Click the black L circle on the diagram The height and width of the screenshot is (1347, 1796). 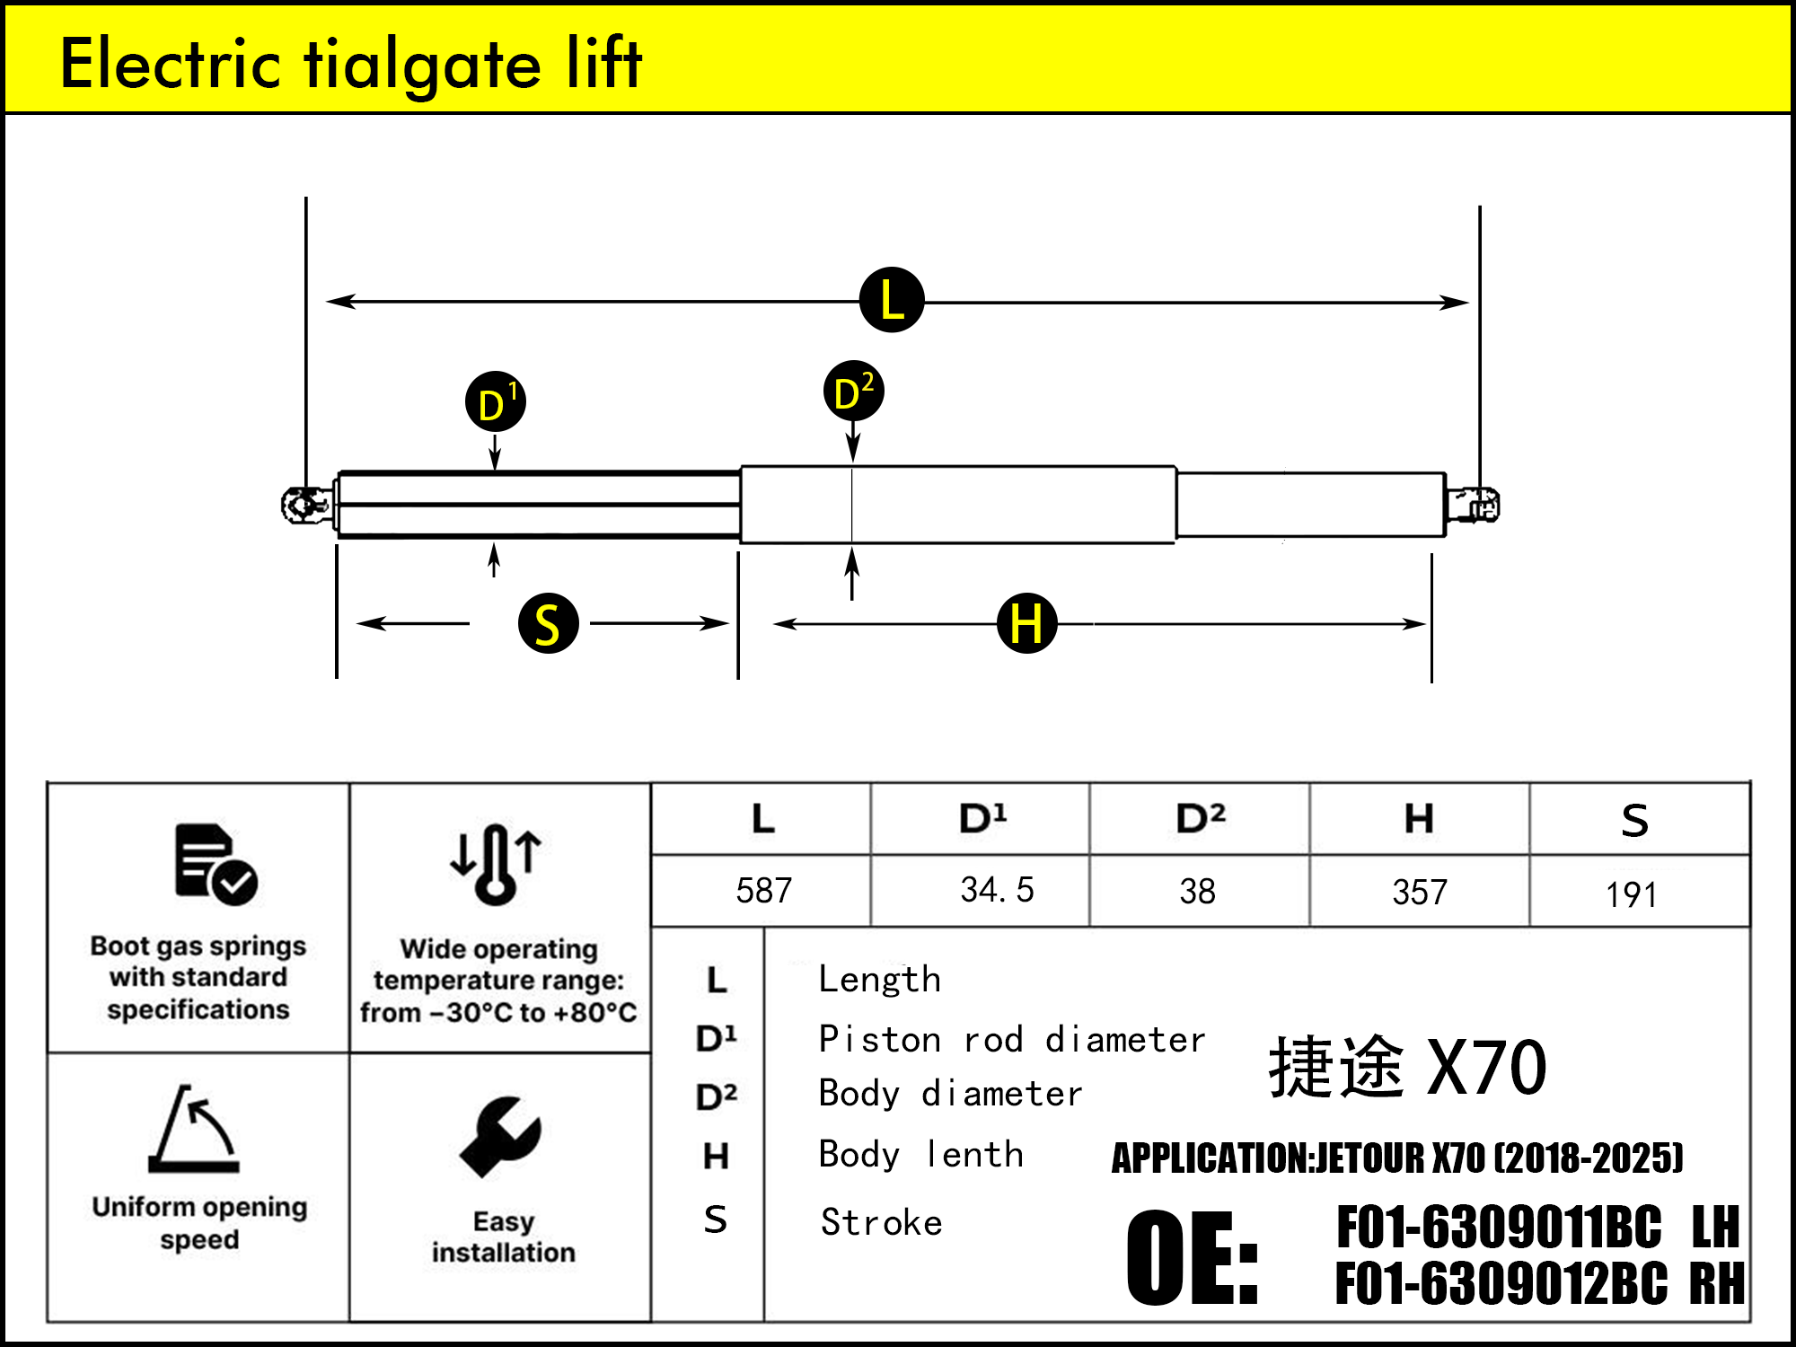pyautogui.click(x=892, y=300)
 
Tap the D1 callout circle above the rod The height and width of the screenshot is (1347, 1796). pyautogui.click(x=496, y=401)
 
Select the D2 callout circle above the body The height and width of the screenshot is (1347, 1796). pyautogui.click(x=853, y=392)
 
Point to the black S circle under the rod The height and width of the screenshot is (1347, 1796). pyautogui.click(x=548, y=623)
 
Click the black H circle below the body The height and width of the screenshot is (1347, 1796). pyautogui.click(x=1026, y=622)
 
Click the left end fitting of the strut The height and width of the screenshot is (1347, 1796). pyautogui.click(x=306, y=505)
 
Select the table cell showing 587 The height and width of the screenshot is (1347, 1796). pyautogui.click(x=763, y=891)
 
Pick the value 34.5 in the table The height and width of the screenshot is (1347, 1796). pyautogui.click(x=997, y=890)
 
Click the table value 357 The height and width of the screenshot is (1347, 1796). pyautogui.click(x=1420, y=892)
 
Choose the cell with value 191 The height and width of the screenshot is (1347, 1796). pyautogui.click(x=1631, y=894)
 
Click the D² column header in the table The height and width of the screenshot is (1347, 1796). pyautogui.click(x=1200, y=818)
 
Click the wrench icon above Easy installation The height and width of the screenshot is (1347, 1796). pyautogui.click(x=500, y=1136)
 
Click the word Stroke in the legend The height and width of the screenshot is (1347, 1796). pyautogui.click(x=881, y=1222)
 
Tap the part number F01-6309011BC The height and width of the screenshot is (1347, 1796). pyautogui.click(x=1499, y=1228)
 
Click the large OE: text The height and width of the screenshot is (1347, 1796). pyautogui.click(x=1193, y=1257)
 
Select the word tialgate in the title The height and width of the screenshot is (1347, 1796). pyautogui.click(x=423, y=65)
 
